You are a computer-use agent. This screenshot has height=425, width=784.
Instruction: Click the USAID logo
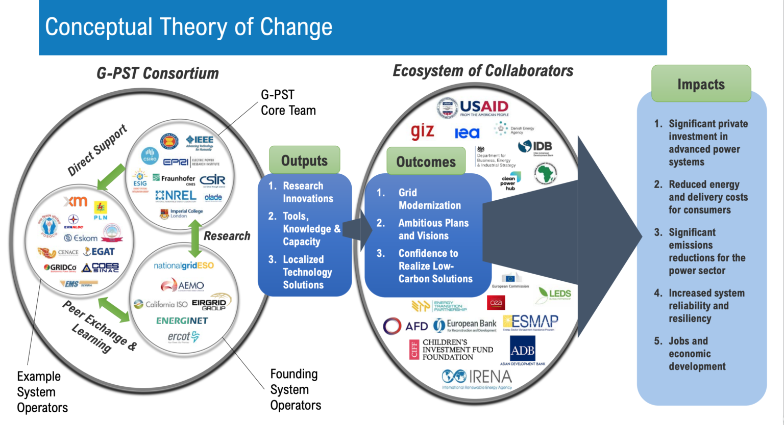[473, 108]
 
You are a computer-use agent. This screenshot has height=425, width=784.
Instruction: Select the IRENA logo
[477, 378]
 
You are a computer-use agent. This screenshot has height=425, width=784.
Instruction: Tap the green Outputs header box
[304, 161]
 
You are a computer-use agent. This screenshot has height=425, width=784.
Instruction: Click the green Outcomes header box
[426, 162]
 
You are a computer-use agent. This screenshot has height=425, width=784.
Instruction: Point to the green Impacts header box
[701, 84]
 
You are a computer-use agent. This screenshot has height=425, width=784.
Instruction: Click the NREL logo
[176, 196]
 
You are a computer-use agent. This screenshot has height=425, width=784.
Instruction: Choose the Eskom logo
[81, 238]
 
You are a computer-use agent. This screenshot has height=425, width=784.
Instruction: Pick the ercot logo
[183, 337]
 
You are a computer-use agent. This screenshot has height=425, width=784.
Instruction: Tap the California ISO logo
[161, 304]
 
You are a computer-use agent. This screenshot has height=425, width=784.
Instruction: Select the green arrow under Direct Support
[111, 177]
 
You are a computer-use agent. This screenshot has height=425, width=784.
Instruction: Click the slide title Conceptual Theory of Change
[188, 27]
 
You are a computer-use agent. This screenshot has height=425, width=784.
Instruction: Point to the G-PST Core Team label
[288, 102]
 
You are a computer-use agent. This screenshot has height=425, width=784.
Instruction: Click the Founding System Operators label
[295, 390]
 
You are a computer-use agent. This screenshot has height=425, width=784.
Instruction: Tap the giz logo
[422, 131]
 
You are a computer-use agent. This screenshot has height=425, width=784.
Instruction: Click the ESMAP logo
[530, 322]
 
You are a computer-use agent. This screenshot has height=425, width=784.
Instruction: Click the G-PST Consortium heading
[158, 73]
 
